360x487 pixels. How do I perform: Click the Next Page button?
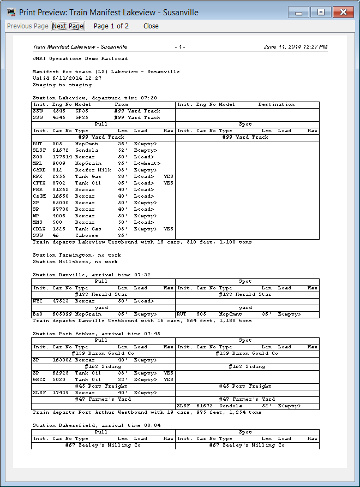coord(68,26)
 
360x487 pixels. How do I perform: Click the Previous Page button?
coord(28,26)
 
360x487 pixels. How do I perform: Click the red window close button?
coord(342,12)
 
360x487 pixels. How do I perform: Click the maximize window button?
coord(321,12)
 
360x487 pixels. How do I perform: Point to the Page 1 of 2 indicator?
coord(111,26)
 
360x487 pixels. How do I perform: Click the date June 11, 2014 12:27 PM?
coord(295,47)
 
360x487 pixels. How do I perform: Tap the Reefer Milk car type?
coord(93,170)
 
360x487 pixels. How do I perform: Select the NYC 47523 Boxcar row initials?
coord(38,301)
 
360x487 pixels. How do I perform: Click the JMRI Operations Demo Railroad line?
coord(80,58)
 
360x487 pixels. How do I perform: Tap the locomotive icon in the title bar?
coord(11,12)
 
